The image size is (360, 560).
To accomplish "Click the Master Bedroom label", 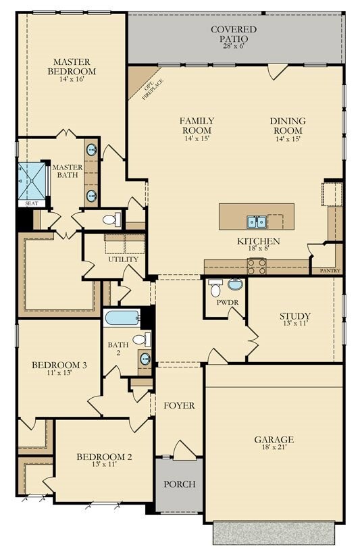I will pos(72,66).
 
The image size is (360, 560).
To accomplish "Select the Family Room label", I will pos(197,126).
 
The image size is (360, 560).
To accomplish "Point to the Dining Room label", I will pos(288,126).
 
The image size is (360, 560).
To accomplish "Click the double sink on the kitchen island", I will pos(256,222).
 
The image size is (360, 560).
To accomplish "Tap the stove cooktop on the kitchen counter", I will pos(257,267).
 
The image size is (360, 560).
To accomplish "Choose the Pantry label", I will pos(326,271).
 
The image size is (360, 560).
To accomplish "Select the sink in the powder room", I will pos(235,284).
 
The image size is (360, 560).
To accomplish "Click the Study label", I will pos(295,316).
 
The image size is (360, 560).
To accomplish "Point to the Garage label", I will pos(274,440).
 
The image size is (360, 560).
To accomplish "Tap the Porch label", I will pos(180,484).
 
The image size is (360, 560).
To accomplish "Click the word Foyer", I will pos(179,406).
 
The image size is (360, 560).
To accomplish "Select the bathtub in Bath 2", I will pos(122,317).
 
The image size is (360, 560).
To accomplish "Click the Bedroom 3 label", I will pos(59,365).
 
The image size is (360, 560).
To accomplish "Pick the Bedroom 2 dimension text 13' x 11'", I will pos(104,465).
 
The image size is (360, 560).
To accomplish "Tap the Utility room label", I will pos(123,259).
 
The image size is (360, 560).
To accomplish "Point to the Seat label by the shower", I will pos(31,203).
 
